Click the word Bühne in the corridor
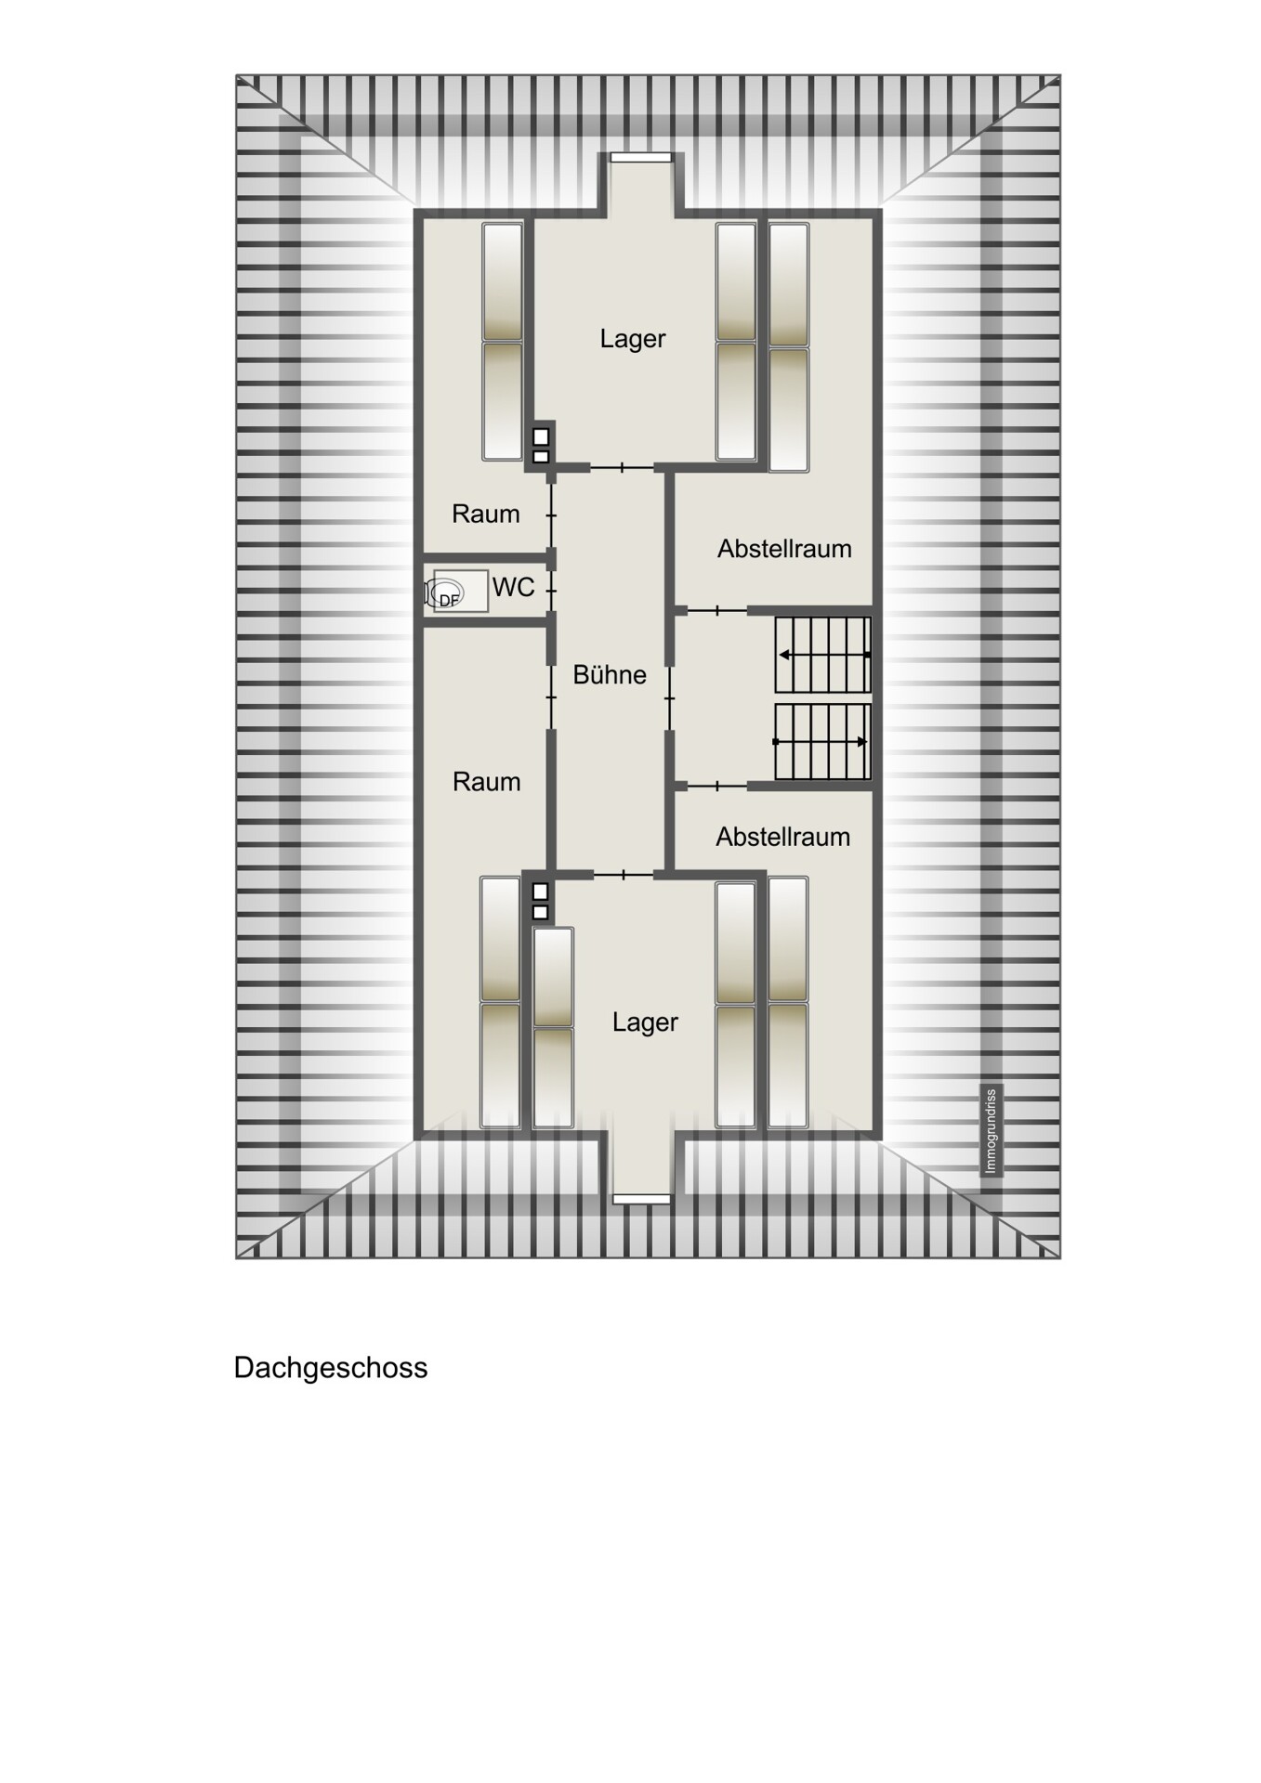click(610, 674)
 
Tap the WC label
click(513, 587)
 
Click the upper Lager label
click(633, 339)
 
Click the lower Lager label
click(645, 1022)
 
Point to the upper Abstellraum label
click(784, 549)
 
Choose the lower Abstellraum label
click(782, 837)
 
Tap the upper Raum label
click(485, 514)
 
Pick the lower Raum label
click(486, 782)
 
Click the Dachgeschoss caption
click(331, 1368)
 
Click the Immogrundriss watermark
click(991, 1130)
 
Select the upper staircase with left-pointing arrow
click(822, 655)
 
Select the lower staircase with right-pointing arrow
click(822, 741)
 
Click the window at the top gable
click(640, 157)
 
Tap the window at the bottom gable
click(641, 1199)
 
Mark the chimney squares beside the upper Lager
click(541, 446)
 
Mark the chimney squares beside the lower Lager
click(540, 901)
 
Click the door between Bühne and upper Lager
click(623, 467)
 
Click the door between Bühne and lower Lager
click(623, 874)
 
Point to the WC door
click(552, 590)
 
